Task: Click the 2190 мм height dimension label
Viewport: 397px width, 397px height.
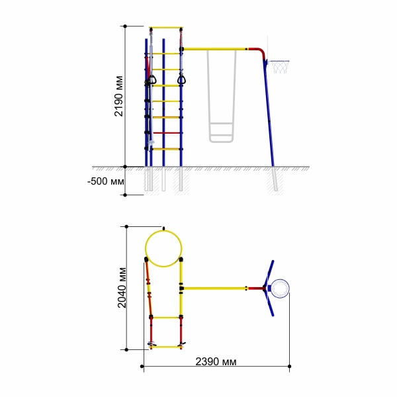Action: pos(118,96)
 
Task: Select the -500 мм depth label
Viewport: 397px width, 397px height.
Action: pos(106,181)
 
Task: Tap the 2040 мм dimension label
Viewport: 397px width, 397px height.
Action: pos(122,288)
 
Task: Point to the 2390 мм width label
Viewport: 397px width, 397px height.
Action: pos(216,361)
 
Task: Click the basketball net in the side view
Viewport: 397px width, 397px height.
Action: pos(279,67)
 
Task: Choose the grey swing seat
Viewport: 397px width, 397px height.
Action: pos(221,132)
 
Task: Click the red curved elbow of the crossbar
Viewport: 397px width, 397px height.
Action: pos(258,52)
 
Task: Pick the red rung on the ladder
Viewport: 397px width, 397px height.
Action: pos(166,133)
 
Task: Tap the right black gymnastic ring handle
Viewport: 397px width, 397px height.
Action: pos(181,79)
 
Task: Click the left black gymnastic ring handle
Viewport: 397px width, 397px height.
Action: pos(152,80)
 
